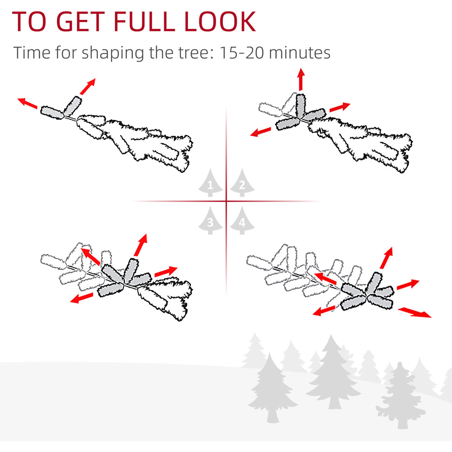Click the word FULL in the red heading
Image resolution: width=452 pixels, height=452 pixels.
pyautogui.click(x=144, y=22)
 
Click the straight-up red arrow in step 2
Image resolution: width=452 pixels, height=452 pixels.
pyautogui.click(x=301, y=79)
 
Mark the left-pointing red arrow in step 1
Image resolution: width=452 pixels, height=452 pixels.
pyautogui.click(x=27, y=103)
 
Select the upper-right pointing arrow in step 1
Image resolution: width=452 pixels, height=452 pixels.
pyautogui.click(x=88, y=86)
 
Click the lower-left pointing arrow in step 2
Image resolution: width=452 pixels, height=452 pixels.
pyautogui.click(x=261, y=132)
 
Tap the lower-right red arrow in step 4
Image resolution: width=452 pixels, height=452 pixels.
pyautogui.click(x=414, y=312)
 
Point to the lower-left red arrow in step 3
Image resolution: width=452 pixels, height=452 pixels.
pyautogui.click(x=82, y=298)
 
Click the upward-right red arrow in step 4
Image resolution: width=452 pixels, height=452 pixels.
pyautogui.click(x=386, y=258)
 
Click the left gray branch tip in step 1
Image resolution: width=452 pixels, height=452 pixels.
pyautogui.click(x=52, y=113)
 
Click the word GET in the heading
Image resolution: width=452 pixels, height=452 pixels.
pyautogui.click(x=80, y=22)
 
